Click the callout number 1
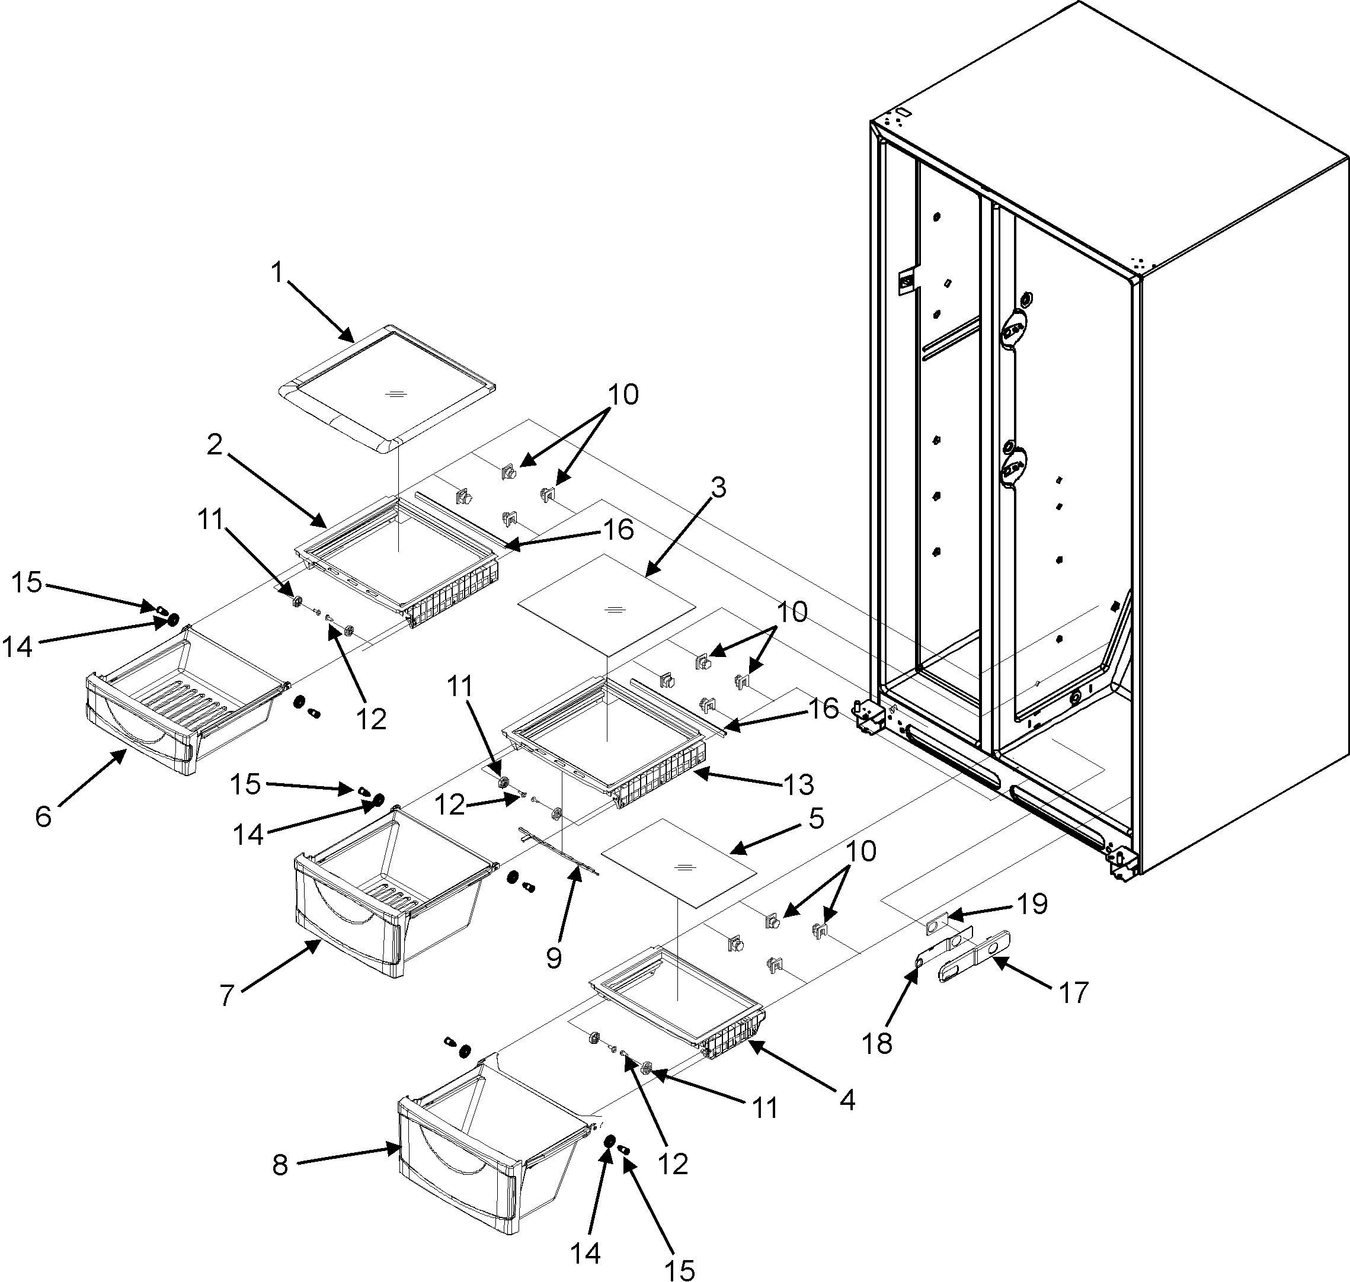click(277, 273)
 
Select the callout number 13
click(799, 784)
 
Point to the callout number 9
click(554, 958)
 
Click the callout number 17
click(1074, 992)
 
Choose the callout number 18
click(878, 1043)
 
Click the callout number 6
click(43, 815)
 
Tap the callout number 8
click(280, 1165)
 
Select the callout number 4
click(847, 1100)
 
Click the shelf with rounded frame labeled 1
click(386, 387)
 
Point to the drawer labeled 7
click(383, 889)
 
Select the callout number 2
click(215, 445)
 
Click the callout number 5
click(816, 818)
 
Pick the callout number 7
click(227, 996)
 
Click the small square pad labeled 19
click(932, 927)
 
